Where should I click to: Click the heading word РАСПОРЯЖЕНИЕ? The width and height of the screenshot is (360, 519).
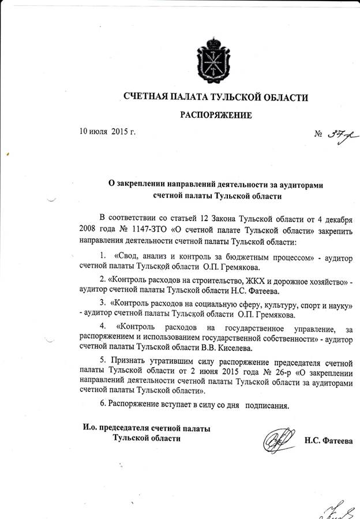pos(216,115)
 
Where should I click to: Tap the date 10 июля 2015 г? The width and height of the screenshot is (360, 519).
pos(107,132)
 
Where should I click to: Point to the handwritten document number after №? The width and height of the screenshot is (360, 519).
pos(333,136)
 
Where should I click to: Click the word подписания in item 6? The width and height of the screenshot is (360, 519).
pos(267,405)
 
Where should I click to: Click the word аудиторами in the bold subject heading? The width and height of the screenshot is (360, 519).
pos(297,184)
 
